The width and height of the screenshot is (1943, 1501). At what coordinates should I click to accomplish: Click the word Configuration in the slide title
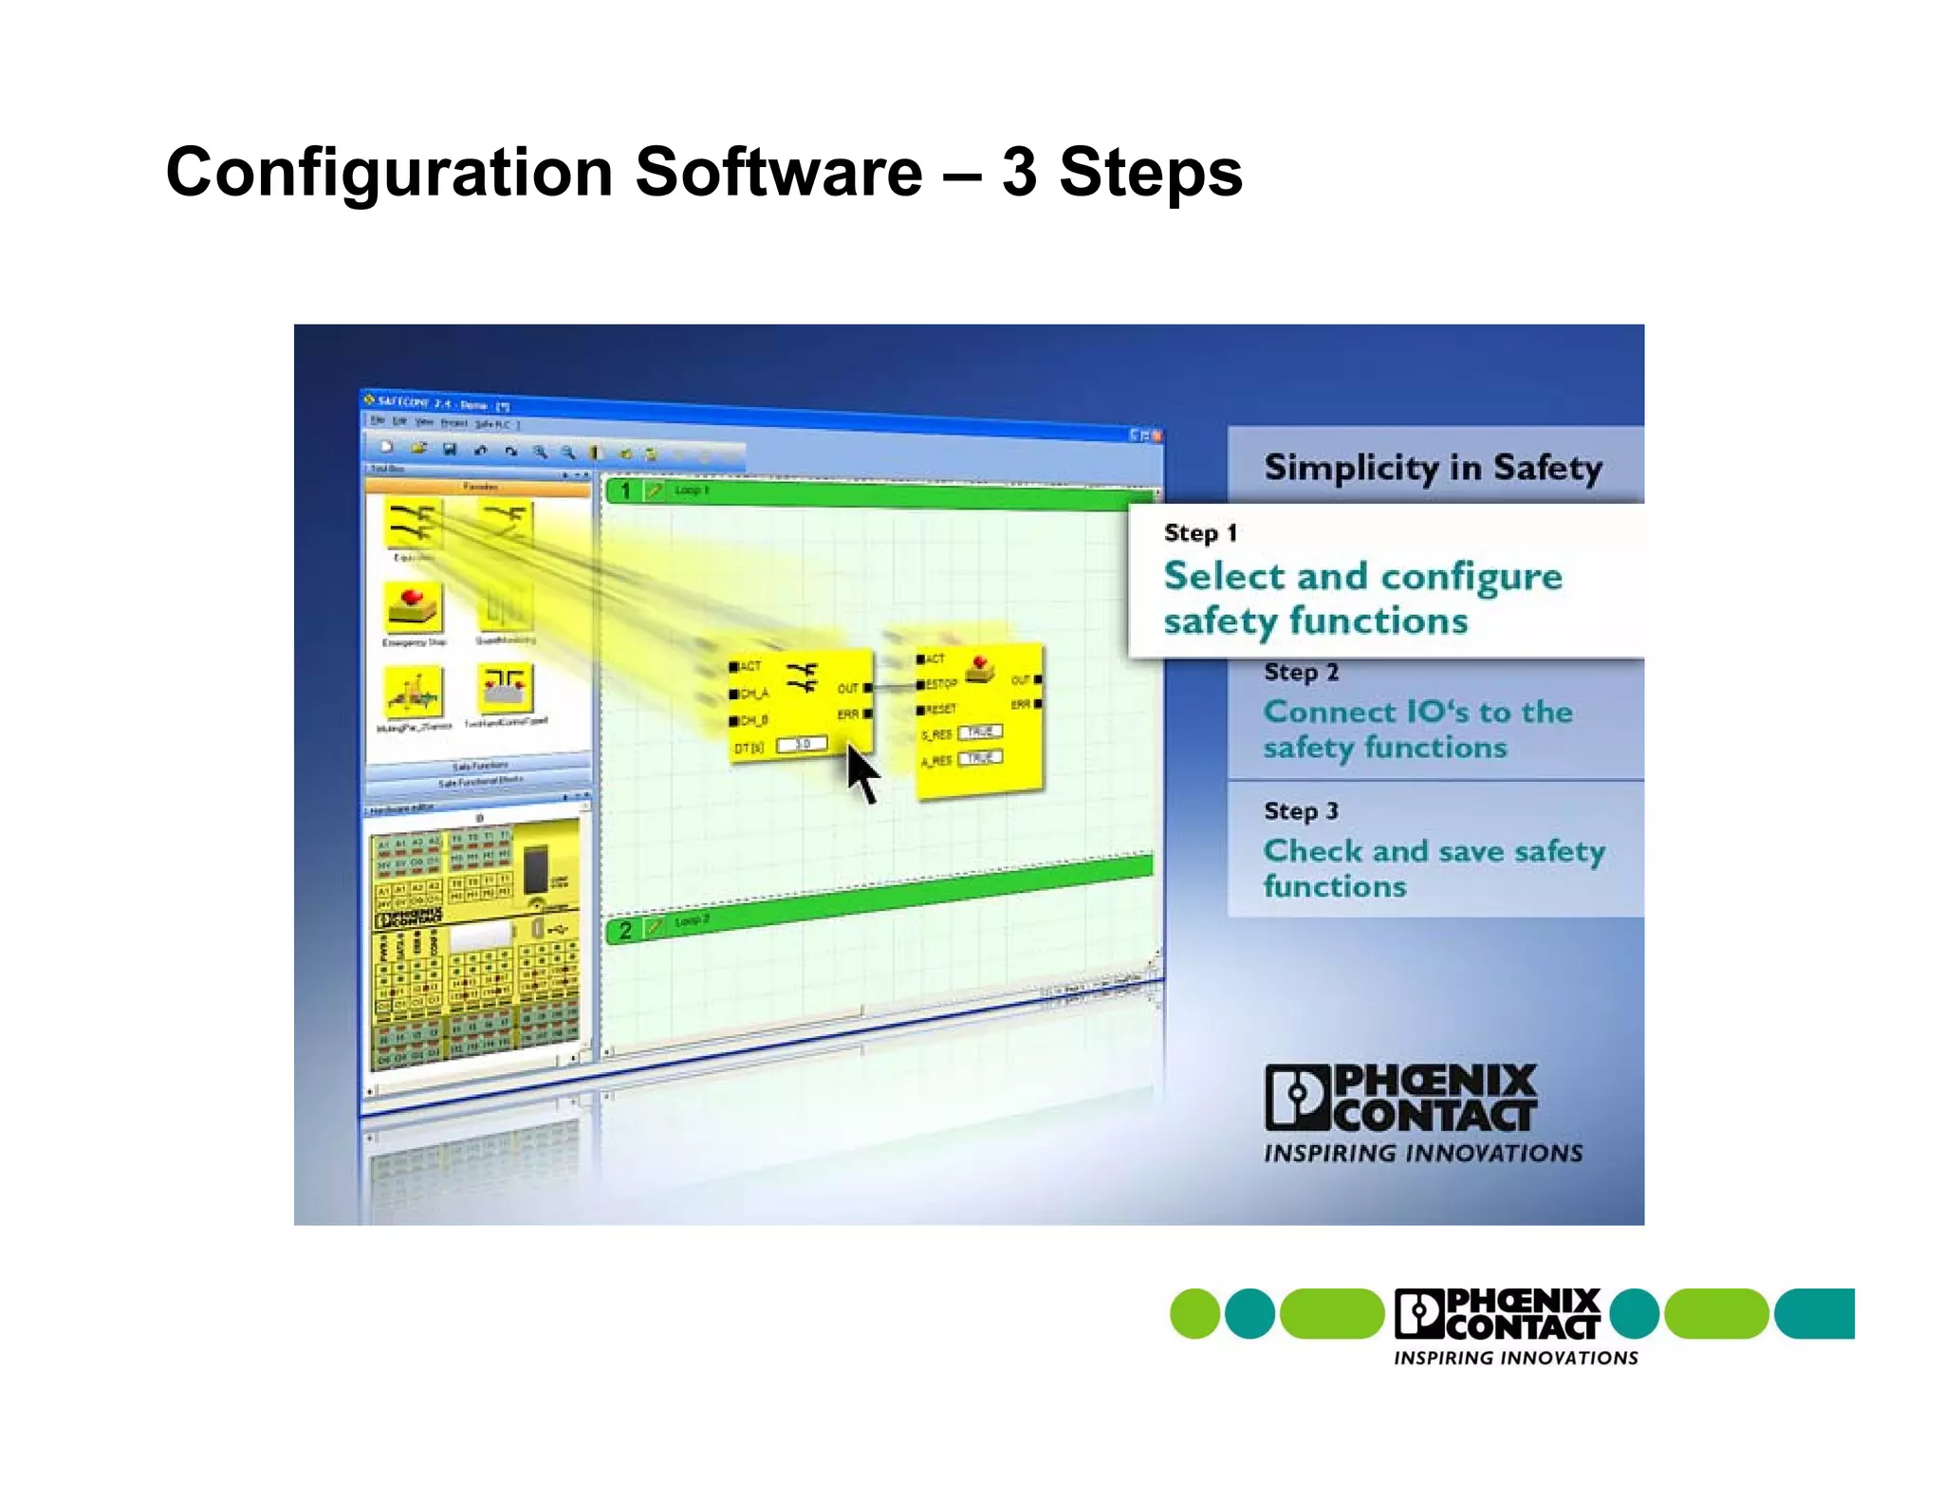click(389, 174)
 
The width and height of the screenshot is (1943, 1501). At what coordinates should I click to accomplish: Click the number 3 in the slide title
click(1019, 174)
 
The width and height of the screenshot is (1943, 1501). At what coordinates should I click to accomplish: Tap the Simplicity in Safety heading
click(1433, 468)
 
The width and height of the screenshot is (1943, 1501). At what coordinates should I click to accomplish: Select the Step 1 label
click(1200, 533)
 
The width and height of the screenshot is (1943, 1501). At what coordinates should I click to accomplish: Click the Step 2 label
click(1301, 673)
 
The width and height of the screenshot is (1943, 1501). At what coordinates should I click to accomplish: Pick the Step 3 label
click(1301, 811)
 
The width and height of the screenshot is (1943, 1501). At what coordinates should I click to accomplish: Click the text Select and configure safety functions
click(1361, 599)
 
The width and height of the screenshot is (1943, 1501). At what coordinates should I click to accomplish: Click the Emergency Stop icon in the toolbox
click(414, 607)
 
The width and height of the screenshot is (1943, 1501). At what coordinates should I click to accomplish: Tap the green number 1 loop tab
click(625, 491)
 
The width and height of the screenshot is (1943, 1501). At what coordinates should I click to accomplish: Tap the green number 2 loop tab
click(625, 930)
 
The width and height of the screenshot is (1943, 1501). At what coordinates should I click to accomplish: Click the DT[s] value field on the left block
click(803, 745)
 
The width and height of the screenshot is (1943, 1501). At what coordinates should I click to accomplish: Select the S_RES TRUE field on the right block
click(980, 732)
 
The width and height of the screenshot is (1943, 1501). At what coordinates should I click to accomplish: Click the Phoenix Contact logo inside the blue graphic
click(1402, 1099)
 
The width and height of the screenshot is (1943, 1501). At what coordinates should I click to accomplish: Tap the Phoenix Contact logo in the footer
click(1497, 1315)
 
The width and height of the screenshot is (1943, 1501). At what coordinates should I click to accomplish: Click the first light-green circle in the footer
click(1194, 1314)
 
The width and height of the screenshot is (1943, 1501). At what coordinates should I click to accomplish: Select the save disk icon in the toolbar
click(450, 449)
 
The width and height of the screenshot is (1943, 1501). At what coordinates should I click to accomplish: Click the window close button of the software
click(1157, 435)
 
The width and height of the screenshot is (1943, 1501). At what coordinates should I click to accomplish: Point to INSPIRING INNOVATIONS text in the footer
click(1515, 1359)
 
